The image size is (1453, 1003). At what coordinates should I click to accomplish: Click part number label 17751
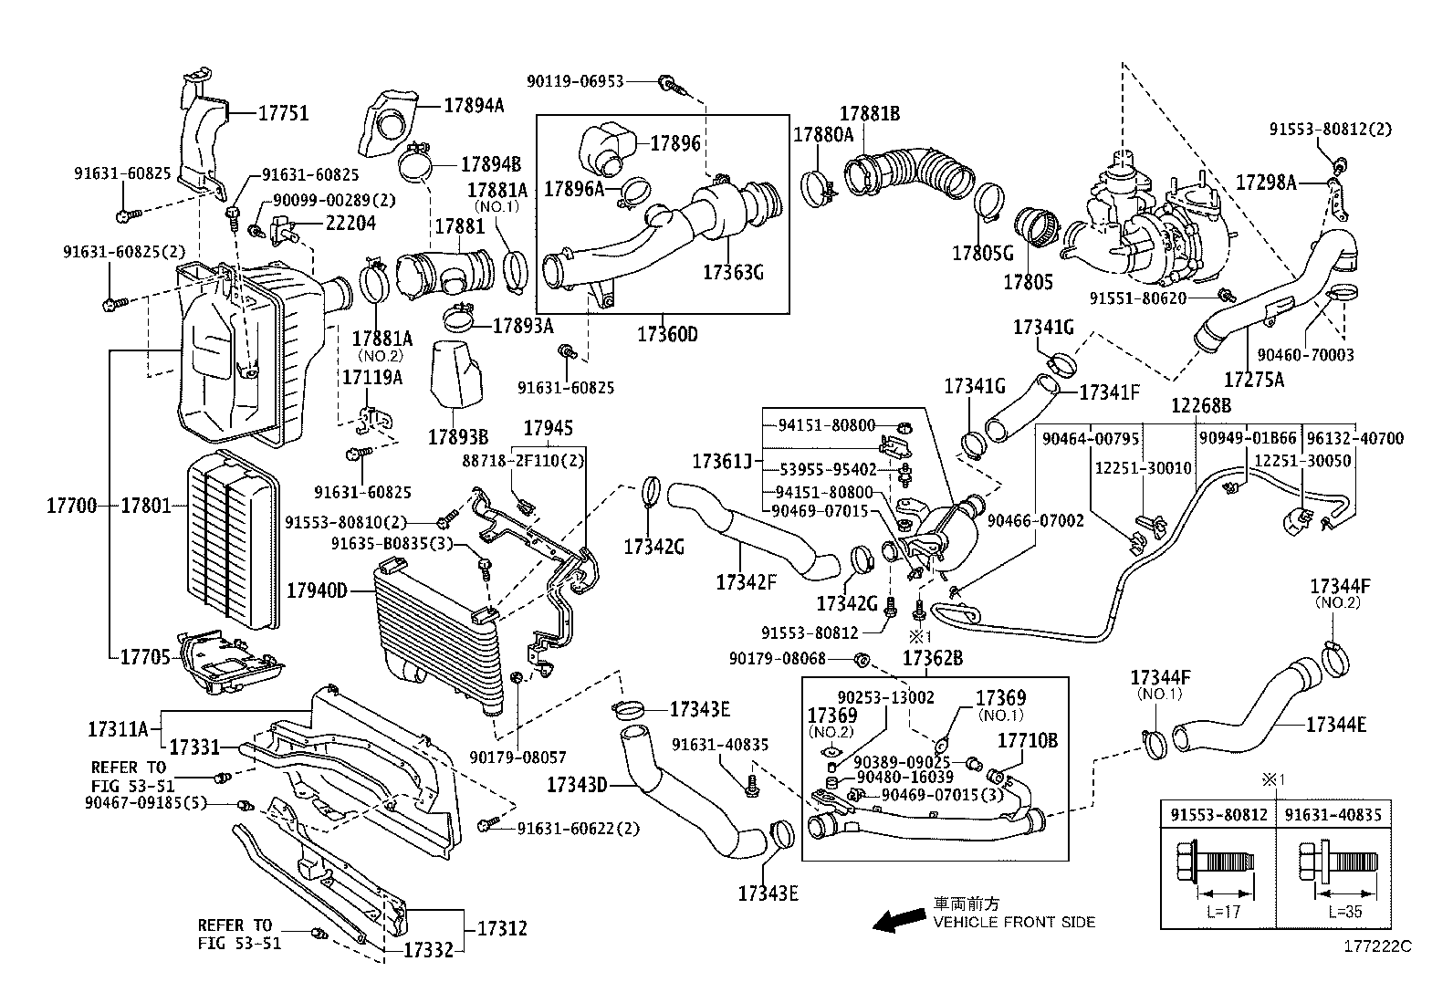(x=283, y=113)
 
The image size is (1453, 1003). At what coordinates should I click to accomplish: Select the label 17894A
(x=474, y=105)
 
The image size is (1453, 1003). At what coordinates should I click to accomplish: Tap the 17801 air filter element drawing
(x=232, y=540)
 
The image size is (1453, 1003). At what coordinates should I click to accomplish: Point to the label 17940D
(x=318, y=591)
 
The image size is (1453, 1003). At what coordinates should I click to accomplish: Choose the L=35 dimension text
(x=1345, y=910)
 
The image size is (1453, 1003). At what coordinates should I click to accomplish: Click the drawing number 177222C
(x=1376, y=946)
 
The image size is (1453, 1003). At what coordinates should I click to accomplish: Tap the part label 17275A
(x=1254, y=378)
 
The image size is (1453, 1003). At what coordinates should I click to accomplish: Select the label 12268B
(x=1202, y=405)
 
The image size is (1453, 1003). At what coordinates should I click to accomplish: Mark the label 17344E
(x=1336, y=725)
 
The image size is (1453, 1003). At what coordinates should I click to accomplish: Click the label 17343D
(x=578, y=784)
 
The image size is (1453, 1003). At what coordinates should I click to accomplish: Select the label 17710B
(x=1027, y=740)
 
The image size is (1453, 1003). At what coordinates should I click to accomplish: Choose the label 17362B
(x=933, y=658)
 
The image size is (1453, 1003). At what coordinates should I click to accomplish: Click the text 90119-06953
(x=575, y=81)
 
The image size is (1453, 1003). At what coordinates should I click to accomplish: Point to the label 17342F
(x=746, y=581)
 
